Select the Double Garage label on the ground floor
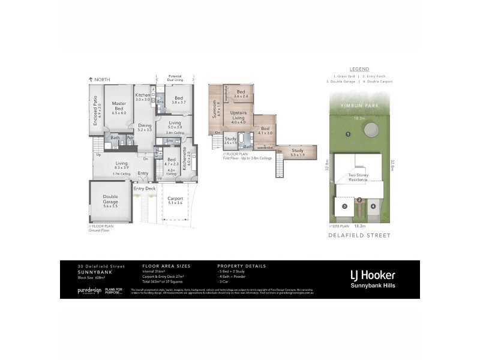(110, 200)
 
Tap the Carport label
(175, 200)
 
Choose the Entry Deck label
(144, 188)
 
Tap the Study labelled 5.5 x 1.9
(298, 152)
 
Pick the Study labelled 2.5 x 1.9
(230, 141)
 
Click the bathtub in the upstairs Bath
(241, 141)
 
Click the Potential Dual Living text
(175, 78)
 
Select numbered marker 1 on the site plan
(348, 134)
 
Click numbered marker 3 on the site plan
(344, 206)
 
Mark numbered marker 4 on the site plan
(373, 206)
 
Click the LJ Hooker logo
(372, 276)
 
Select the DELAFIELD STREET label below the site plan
(360, 236)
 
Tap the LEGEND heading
(360, 69)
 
